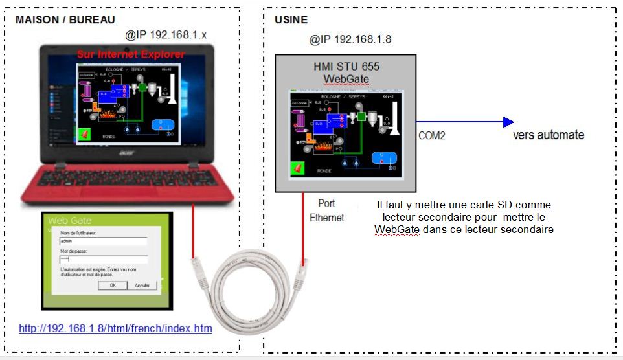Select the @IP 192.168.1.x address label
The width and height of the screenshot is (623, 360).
coord(166,34)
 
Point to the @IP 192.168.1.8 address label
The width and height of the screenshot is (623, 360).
coord(350,39)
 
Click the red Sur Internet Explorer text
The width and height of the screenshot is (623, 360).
coord(131,54)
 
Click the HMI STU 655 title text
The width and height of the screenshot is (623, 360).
coord(346,67)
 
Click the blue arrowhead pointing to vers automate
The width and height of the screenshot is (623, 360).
coord(508,122)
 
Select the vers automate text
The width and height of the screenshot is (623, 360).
coord(549,135)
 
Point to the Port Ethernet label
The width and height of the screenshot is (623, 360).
coord(327,210)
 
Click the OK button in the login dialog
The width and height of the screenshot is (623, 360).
coord(113,285)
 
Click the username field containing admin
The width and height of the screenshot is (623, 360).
coord(103,240)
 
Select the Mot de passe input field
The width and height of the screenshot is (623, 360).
coord(103,260)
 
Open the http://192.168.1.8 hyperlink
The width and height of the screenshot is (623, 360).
coord(115,329)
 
